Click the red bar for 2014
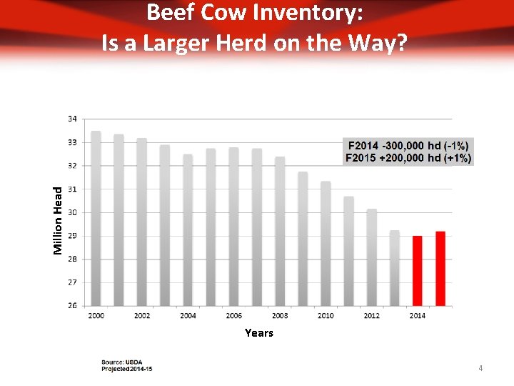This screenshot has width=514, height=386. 417,271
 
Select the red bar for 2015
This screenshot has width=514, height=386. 440,269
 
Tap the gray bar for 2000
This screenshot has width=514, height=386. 96,219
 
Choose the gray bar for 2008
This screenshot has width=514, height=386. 280,232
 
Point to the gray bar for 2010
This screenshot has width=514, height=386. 326,244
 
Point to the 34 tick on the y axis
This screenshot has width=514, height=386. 73,119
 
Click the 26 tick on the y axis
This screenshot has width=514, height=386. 73,306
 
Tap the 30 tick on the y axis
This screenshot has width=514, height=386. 73,212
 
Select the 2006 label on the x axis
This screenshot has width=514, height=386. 233,315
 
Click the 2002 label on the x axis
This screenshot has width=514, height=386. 142,315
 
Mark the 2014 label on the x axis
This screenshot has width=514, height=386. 417,315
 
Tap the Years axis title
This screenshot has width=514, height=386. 258,333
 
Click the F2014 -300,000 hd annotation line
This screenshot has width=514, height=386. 408,147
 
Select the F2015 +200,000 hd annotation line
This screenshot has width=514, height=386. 408,157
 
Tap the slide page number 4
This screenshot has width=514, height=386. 480,368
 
